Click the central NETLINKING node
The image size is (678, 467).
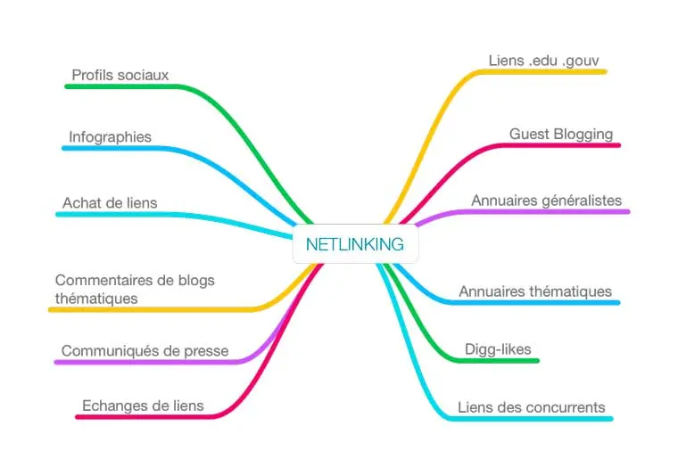355,244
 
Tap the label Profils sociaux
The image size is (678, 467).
120,75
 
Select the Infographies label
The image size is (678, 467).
111,137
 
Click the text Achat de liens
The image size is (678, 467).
110,203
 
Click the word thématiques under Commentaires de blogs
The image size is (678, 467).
96,299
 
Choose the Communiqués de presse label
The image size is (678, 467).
145,351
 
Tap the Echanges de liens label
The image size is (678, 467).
143,406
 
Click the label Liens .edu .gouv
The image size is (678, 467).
544,61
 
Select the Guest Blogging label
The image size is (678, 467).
561,135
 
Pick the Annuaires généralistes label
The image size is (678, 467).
547,201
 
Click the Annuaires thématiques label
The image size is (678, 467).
535,291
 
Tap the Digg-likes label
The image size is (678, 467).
498,349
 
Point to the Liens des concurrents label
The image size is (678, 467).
532,407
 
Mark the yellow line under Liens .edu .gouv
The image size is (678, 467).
542,71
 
